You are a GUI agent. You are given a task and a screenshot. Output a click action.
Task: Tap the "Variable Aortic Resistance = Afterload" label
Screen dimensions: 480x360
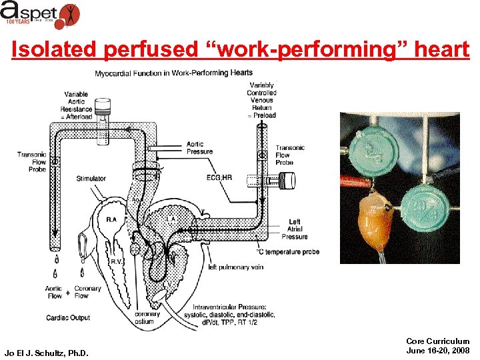coord(76,106)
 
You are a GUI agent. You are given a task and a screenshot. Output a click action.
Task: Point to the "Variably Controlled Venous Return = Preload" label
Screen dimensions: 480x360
coord(261,100)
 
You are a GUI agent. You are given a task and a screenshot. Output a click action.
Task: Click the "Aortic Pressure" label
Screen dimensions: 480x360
coord(199,147)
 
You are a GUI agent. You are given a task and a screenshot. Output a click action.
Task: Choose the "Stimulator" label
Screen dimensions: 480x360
coord(91,179)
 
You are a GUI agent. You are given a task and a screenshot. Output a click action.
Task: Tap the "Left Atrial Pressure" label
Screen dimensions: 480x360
coord(294,229)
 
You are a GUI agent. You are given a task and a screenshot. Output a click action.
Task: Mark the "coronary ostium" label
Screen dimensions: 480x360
coord(147,319)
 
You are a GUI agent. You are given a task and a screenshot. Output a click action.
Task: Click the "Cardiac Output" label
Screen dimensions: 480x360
coord(69,317)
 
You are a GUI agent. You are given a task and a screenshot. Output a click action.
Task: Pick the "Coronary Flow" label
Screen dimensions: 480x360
coord(87,292)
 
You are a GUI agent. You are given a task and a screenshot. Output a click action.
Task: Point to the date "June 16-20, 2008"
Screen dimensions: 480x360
coord(437,350)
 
